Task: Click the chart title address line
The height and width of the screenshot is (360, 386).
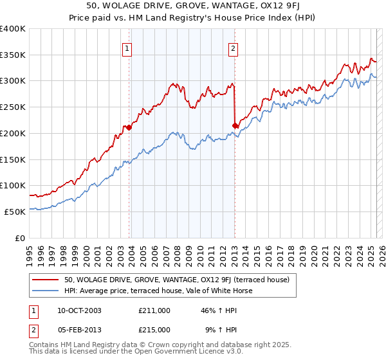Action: (192, 6)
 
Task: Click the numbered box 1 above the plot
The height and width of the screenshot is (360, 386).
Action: (127, 48)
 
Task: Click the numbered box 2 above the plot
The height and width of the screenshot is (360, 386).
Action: (232, 48)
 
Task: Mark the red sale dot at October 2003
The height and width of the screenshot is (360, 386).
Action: (129, 127)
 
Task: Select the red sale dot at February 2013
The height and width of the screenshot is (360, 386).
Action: (235, 125)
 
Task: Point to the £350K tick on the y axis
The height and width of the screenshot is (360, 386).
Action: (13, 55)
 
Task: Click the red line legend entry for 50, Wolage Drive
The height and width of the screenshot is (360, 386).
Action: (177, 280)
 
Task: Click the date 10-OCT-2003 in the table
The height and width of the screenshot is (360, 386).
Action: (78, 310)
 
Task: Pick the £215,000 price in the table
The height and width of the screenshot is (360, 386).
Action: (154, 330)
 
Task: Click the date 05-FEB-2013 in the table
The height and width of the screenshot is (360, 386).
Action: (78, 330)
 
